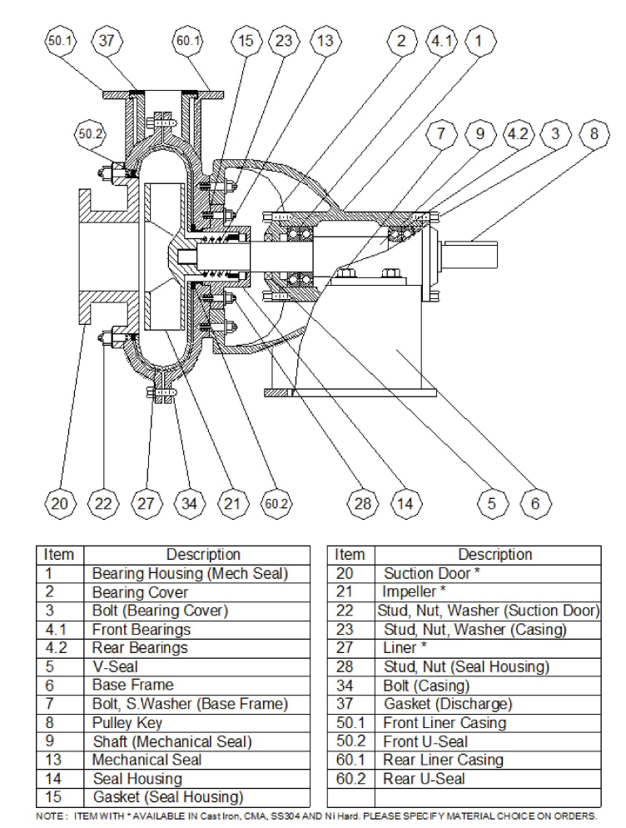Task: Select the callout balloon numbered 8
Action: coord(591,132)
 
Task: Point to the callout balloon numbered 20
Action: coord(60,503)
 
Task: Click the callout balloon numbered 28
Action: coord(362,503)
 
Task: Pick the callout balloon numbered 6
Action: coord(535,503)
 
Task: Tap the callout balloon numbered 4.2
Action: coord(515,132)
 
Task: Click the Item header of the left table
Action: coord(59,555)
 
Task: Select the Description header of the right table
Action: coord(494,555)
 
